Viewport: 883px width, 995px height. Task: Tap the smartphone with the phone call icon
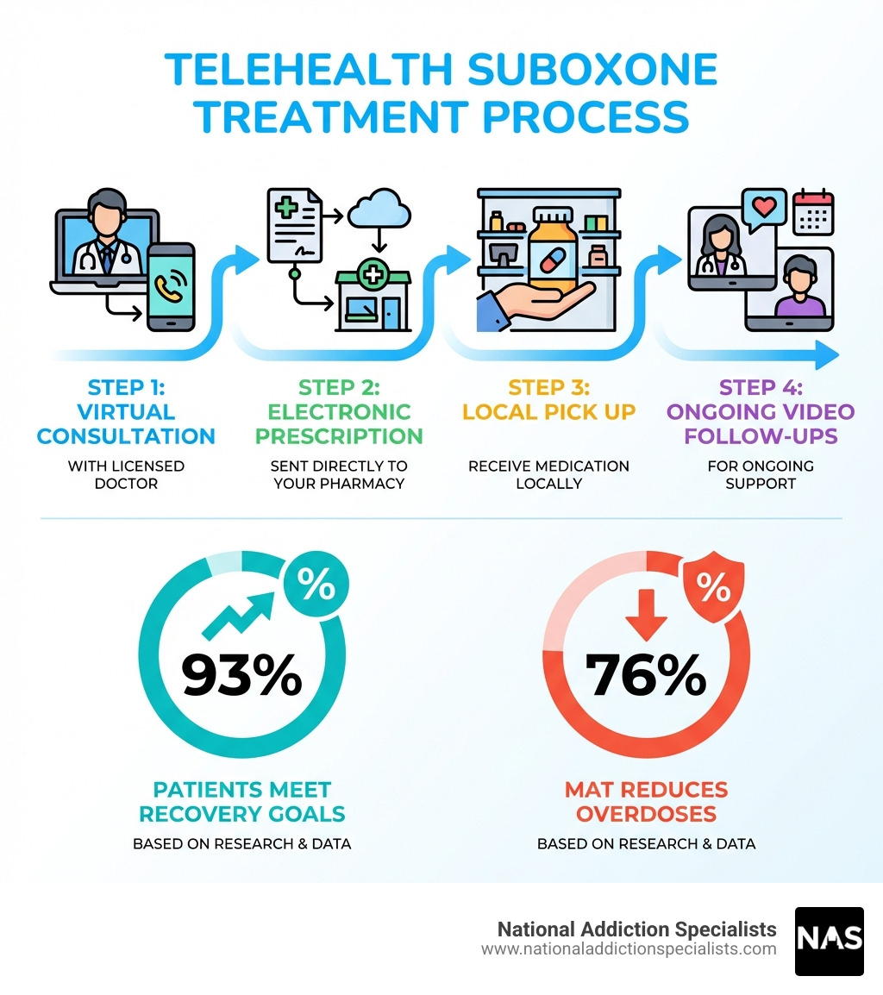tap(171, 286)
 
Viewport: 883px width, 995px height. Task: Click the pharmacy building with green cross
tap(373, 298)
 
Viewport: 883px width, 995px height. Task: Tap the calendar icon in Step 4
tap(812, 212)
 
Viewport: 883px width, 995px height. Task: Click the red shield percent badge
tap(712, 586)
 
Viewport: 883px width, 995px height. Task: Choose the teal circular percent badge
tap(316, 586)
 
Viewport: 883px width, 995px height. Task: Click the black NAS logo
tap(829, 941)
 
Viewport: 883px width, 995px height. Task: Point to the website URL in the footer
tap(629, 949)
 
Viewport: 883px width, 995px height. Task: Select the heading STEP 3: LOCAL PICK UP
tap(548, 398)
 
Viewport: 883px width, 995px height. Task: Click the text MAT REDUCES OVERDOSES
tap(646, 801)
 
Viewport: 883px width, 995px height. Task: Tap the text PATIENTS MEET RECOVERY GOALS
tap(242, 801)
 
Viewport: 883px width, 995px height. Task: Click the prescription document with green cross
tap(294, 226)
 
